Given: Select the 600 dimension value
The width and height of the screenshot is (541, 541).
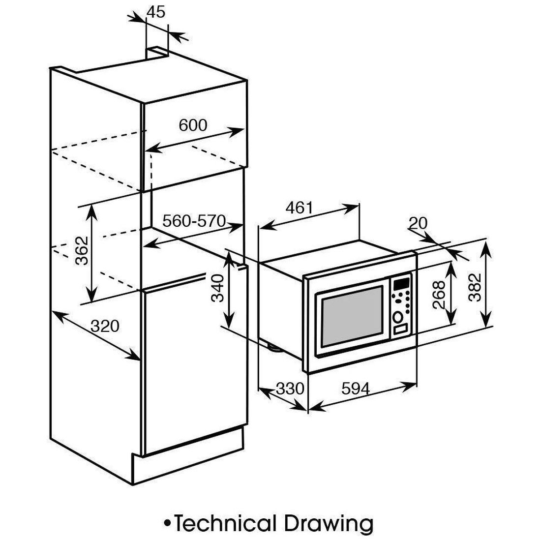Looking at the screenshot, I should pyautogui.click(x=193, y=125).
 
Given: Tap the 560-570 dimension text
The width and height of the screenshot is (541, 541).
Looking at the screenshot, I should pyautogui.click(x=194, y=221).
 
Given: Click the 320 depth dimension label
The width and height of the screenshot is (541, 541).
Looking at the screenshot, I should pyautogui.click(x=105, y=326).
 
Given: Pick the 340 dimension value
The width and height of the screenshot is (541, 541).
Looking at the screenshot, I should pyautogui.click(x=217, y=288).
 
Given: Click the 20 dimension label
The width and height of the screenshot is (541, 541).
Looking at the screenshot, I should pyautogui.click(x=418, y=224).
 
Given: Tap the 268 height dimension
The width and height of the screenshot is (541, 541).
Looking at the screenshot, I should pyautogui.click(x=439, y=294).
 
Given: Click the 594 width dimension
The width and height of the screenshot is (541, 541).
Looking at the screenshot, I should pyautogui.click(x=355, y=389).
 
